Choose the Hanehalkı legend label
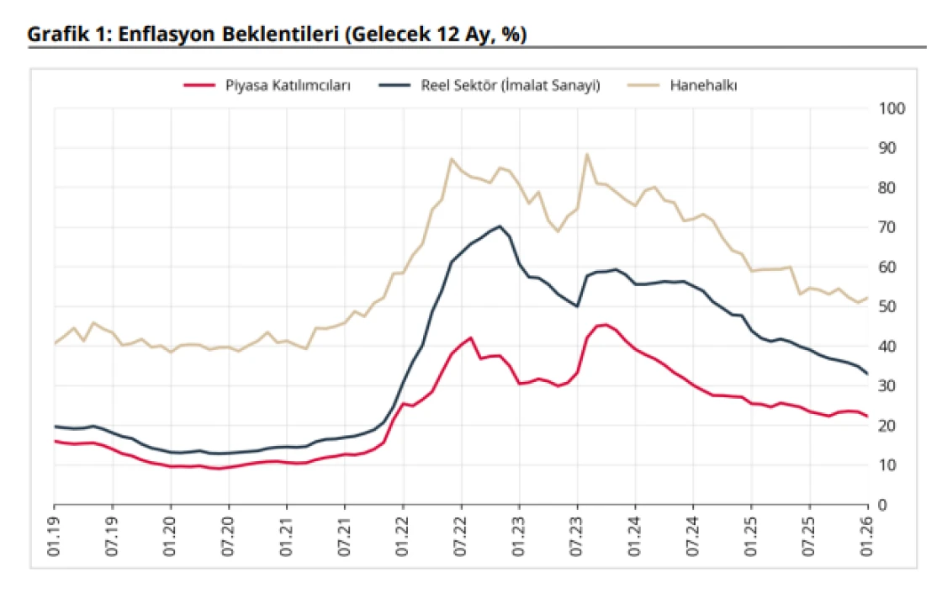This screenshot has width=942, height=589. click(x=704, y=85)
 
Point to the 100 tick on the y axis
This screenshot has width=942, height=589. click(x=891, y=109)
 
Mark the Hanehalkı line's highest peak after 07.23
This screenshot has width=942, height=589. click(x=587, y=154)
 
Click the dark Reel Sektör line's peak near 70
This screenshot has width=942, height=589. click(x=500, y=226)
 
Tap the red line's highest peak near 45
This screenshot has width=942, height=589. click(x=606, y=324)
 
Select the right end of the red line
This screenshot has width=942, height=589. click(x=867, y=416)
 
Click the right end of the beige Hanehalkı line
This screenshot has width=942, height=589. click(x=867, y=298)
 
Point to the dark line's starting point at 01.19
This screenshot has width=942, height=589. click(x=55, y=427)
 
